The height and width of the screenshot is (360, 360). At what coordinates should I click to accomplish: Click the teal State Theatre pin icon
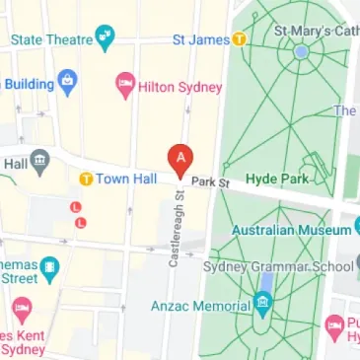(105, 39)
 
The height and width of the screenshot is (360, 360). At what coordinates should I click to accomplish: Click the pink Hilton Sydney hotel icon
(125, 85)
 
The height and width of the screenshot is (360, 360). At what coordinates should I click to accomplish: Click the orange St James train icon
(239, 39)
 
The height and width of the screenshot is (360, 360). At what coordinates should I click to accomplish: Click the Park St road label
(210, 182)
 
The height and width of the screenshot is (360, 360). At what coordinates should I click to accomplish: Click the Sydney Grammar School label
(277, 267)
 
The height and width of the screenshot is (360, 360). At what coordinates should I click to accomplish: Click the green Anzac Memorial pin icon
(261, 305)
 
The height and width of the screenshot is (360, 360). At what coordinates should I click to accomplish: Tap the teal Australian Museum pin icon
(356, 230)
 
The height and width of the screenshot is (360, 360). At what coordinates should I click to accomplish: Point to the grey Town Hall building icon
(39, 160)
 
